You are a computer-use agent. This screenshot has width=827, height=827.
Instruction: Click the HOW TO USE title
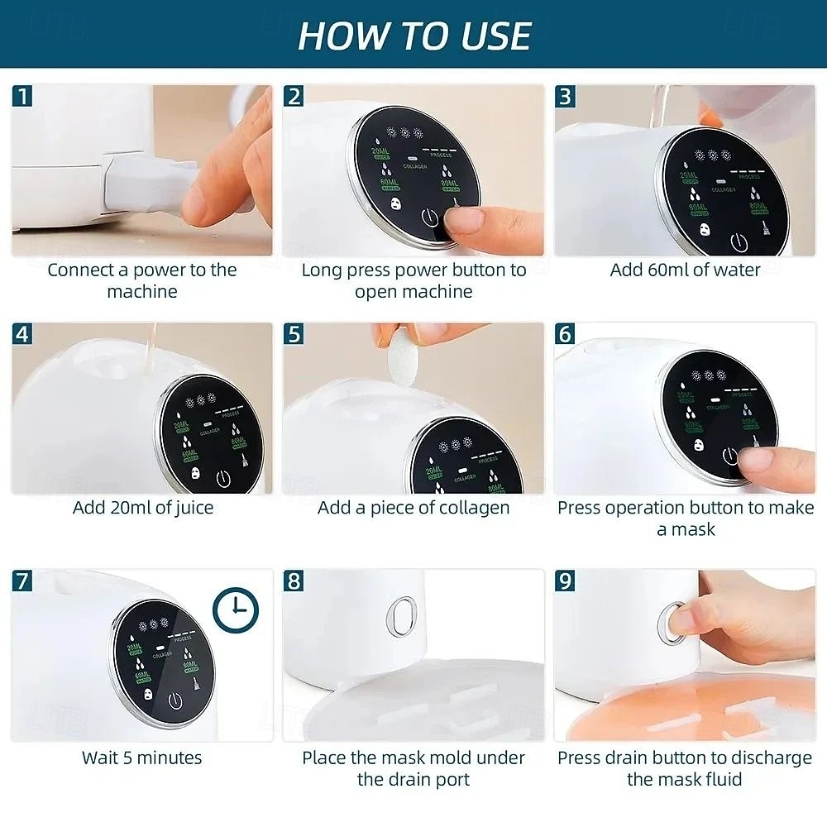413,35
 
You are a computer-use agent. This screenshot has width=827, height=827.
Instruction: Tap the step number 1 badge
23,96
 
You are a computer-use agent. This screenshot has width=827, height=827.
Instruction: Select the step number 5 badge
294,334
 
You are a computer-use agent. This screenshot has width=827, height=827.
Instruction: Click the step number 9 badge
565,581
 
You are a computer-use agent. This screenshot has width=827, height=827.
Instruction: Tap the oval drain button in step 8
402,616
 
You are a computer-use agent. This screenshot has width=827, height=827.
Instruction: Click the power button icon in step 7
174,700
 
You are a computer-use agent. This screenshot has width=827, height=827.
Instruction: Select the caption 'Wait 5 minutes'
141,757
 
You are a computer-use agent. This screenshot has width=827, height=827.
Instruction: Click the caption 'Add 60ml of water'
685,270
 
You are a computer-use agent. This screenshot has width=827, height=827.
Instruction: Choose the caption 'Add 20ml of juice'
142,507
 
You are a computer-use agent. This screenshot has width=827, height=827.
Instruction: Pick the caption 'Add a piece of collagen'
413,507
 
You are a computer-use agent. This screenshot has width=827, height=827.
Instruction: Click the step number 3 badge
565,96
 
